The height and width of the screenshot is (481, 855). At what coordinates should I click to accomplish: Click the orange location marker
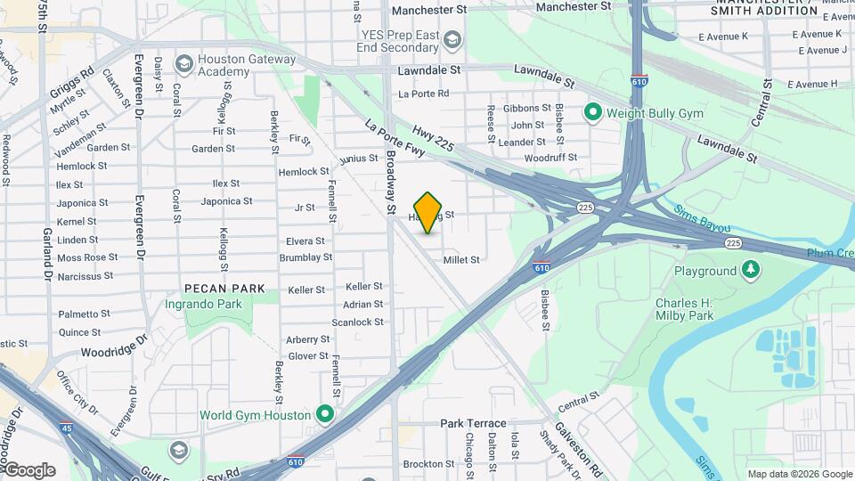coord(428,212)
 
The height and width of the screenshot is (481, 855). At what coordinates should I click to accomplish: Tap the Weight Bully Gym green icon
coord(593,113)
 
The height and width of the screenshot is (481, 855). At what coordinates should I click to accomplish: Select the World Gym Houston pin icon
coord(325,414)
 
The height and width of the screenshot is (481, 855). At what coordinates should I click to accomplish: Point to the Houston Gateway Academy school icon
coord(184,63)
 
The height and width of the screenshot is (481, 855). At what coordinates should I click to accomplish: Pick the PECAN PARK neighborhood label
coord(224,289)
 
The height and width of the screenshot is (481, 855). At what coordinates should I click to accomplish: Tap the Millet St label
coord(462,259)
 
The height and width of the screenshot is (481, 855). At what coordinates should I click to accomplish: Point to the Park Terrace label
coord(473,424)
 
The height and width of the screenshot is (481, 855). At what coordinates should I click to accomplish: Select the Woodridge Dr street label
coord(113,347)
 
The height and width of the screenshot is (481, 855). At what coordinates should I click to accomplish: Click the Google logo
coord(28,469)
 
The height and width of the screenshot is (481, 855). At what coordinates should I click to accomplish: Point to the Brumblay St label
coord(305,257)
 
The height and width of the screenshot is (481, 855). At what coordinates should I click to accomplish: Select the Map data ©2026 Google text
coord(800,474)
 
